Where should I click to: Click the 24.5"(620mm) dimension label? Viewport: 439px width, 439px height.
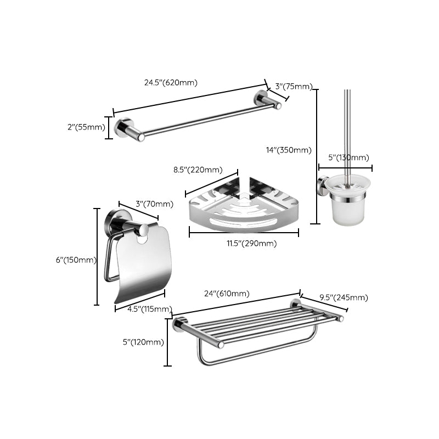pyautogui.click(x=171, y=83)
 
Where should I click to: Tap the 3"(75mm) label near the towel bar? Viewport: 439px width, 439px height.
pyautogui.click(x=294, y=86)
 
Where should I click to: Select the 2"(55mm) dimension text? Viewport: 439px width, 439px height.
pyautogui.click(x=86, y=127)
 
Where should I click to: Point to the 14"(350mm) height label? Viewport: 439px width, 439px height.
pyautogui.click(x=288, y=150)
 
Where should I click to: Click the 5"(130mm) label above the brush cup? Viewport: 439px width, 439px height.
pyautogui.click(x=348, y=157)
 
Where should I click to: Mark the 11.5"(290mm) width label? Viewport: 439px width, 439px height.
pyautogui.click(x=252, y=243)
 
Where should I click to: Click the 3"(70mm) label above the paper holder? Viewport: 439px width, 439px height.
pyautogui.click(x=154, y=204)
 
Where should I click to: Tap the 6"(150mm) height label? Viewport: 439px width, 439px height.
pyautogui.click(x=75, y=260)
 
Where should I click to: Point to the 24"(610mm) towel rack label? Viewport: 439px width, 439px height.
pyautogui.click(x=227, y=294)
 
